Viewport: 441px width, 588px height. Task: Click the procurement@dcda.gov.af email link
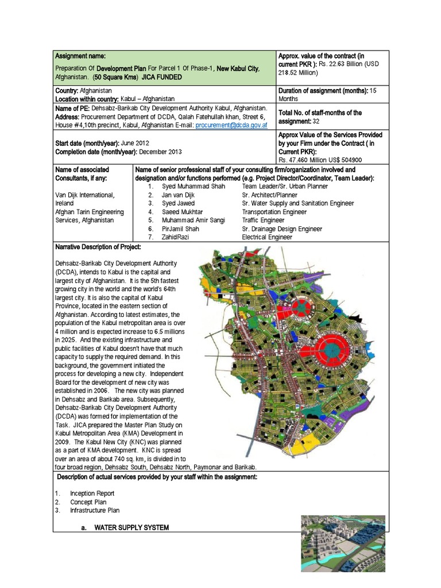point(231,124)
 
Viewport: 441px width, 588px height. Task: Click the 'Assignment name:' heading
point(79,56)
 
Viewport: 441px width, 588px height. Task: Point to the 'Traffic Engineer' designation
point(263,220)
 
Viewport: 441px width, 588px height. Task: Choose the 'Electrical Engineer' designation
point(268,237)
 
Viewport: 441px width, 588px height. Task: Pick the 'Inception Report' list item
point(92,493)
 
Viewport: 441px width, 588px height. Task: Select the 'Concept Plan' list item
point(88,502)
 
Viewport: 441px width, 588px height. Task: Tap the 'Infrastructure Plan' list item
point(95,510)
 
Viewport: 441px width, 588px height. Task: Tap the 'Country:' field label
point(67,91)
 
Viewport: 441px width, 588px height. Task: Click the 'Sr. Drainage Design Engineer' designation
point(281,228)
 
